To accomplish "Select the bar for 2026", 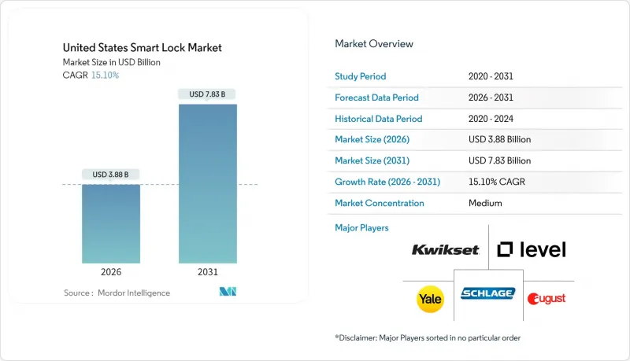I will coord(111,223).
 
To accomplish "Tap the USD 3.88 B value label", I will coord(111,174).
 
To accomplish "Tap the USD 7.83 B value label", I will coord(208,94).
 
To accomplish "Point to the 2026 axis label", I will coord(111,273).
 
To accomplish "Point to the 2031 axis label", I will coord(208,273).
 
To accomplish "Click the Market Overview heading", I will coord(374,44).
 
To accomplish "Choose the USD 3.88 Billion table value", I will coord(499,140).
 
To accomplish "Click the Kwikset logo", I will coord(445,250).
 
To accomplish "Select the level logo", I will coord(532,250).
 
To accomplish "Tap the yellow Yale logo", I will coord(429,298).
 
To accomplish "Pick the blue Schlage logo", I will coord(487,293).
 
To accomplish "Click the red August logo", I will coord(547,298).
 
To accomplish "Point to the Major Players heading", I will coord(361,228).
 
